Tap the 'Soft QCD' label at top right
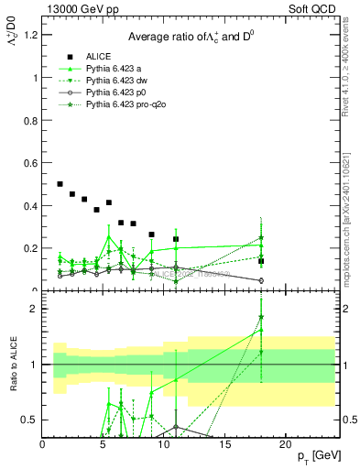313,9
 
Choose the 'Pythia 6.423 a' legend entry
115,69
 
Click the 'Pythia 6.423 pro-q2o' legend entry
126,106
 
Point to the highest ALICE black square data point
60,184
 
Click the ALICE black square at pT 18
261,261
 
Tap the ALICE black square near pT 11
176,239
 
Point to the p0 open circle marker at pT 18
261,280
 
